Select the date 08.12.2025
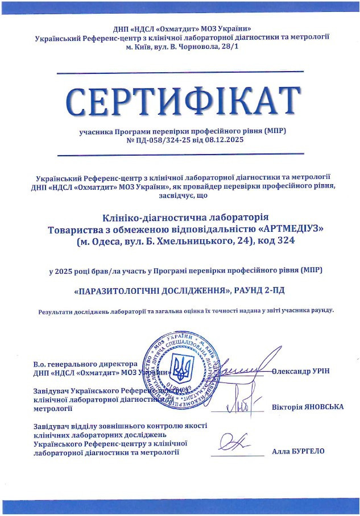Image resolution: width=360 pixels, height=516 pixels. [224, 140]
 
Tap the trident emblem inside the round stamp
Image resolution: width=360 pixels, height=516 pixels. [181, 369]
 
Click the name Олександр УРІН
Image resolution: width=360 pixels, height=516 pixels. [301, 371]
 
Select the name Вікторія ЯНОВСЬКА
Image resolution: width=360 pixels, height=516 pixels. [308, 407]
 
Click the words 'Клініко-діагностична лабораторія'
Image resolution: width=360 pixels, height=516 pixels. [181, 217]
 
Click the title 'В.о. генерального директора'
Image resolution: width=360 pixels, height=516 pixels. [85, 364]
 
